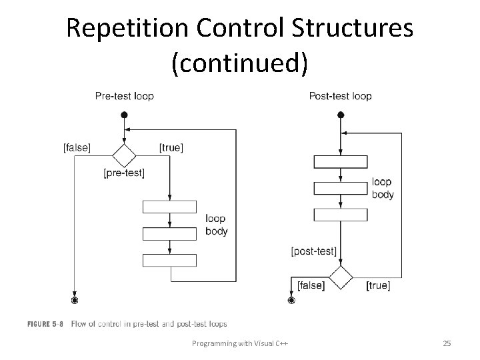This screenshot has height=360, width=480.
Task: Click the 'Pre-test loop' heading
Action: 124,96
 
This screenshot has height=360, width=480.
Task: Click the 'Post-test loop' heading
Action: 340,96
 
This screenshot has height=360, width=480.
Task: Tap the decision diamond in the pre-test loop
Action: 123,156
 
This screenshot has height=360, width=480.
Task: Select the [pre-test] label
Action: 124,173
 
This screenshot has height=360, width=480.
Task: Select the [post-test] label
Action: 314,251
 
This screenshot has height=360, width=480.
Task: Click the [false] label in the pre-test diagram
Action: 77,147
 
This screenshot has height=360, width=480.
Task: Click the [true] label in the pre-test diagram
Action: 171,147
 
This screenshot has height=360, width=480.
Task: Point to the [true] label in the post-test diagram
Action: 379,285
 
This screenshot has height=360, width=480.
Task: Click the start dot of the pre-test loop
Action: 124,115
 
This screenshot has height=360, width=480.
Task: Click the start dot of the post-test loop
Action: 341,115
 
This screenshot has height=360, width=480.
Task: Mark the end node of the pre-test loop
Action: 75,301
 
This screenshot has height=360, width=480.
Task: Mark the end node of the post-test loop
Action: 291,301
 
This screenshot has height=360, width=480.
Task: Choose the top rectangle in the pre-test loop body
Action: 170,207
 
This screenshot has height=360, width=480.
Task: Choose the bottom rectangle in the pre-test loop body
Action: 170,260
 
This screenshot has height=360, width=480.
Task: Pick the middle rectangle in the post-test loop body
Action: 340,188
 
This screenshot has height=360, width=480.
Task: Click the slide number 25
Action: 447,343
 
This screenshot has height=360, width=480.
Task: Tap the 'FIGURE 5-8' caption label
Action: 45,324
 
